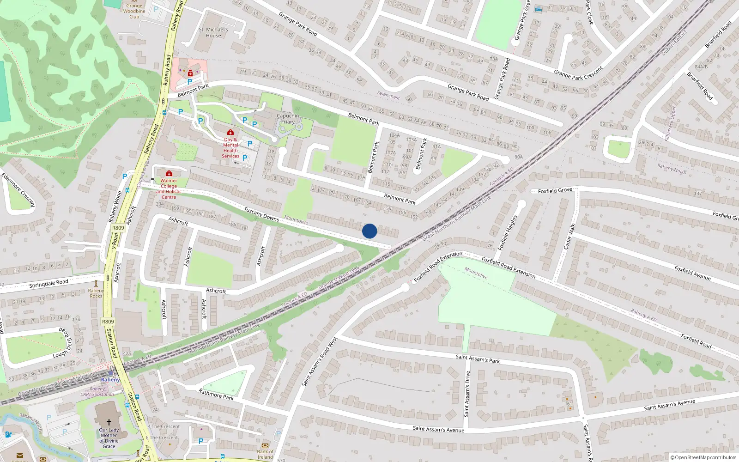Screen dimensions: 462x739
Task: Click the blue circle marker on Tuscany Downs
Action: [x=369, y=231]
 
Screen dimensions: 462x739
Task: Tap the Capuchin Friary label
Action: [x=288, y=119]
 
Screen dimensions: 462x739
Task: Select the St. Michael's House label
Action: [x=213, y=32]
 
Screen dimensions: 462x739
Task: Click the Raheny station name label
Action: [x=110, y=380]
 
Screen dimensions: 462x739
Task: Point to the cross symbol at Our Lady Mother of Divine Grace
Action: [x=109, y=422]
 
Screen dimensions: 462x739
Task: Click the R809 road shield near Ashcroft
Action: [x=118, y=228]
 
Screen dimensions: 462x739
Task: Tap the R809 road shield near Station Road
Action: [x=108, y=322]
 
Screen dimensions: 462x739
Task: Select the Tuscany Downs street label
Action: [x=261, y=214]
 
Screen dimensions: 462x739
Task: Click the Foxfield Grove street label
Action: [x=555, y=190]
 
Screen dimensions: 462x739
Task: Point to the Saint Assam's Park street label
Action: [x=478, y=359]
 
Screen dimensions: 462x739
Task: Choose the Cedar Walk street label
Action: [x=569, y=237]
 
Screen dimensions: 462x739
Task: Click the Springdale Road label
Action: [x=48, y=283]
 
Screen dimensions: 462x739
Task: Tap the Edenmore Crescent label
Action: [x=18, y=190]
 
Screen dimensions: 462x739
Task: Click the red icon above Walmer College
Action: [x=169, y=174]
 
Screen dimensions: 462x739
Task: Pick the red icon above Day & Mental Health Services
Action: [x=230, y=133]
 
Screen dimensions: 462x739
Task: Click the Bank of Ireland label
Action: [x=265, y=454]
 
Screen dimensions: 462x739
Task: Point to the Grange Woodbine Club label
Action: [x=134, y=11]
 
